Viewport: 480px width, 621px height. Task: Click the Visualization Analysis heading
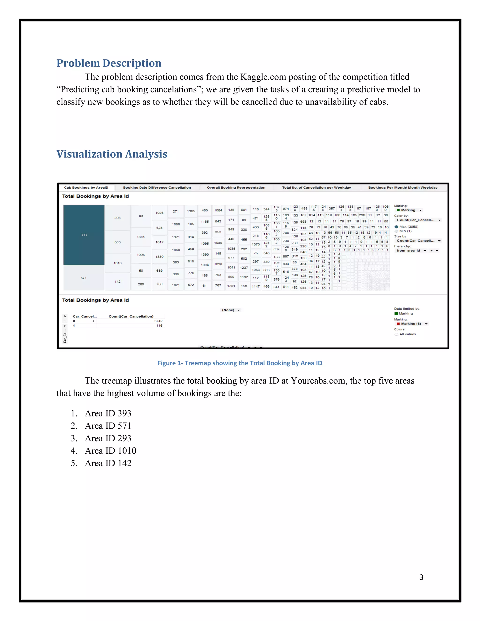point(112,154)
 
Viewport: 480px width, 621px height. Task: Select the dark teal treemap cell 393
point(84,235)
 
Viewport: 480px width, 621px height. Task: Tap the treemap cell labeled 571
point(84,277)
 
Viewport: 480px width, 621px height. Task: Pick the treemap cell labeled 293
point(117,218)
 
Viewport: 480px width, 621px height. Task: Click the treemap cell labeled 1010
point(117,263)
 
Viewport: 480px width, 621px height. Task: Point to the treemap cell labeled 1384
point(141,237)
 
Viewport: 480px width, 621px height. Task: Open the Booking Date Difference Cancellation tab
point(157,188)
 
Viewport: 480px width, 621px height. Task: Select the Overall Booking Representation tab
point(236,188)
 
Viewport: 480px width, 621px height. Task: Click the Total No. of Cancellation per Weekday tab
point(316,188)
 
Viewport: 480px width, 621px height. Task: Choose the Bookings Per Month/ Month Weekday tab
point(403,188)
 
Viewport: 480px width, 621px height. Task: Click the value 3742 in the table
point(158,321)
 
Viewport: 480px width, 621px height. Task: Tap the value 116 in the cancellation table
point(159,325)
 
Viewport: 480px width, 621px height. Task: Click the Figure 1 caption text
point(240,363)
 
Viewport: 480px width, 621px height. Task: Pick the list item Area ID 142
point(108,463)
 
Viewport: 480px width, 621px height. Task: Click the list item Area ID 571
point(108,426)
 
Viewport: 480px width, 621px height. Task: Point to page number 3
point(421,577)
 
